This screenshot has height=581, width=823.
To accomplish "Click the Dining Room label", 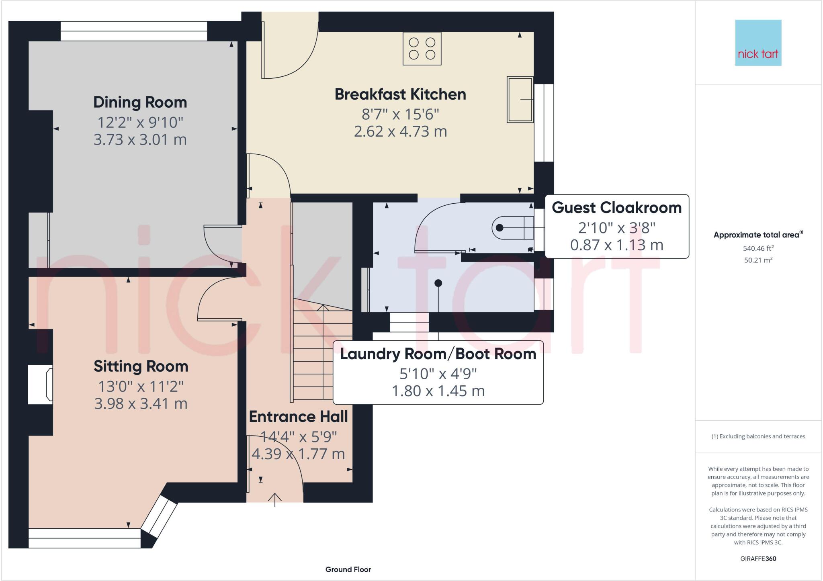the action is pos(140,102).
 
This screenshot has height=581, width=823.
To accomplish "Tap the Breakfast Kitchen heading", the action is pos(400,94).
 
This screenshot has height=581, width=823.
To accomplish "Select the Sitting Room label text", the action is pos(141,366).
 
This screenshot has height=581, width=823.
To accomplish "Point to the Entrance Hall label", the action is pos(298,417).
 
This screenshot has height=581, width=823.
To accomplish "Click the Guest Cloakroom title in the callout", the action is pos(617,207).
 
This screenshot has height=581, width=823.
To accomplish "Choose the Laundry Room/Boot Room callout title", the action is pos(438,354).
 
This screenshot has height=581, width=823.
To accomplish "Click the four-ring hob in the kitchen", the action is pos(422,48).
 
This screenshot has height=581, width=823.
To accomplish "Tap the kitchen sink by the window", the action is pos(520,99).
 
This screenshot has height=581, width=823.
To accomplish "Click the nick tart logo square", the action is pos(758,43).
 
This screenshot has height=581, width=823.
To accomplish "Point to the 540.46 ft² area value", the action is pos(758,248).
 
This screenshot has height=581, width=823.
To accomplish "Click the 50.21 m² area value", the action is pos(758,260).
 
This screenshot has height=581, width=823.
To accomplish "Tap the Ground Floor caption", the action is pos(348,569).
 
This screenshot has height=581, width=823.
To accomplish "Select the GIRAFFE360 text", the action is pos(758,558).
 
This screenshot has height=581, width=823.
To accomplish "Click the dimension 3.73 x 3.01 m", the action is pos(140,139).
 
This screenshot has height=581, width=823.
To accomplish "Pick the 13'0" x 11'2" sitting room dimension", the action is pos(141,386).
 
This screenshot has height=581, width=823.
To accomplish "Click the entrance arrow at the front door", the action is pos(275,499).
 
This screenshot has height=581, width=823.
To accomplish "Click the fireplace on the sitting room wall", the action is pos(40,385).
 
